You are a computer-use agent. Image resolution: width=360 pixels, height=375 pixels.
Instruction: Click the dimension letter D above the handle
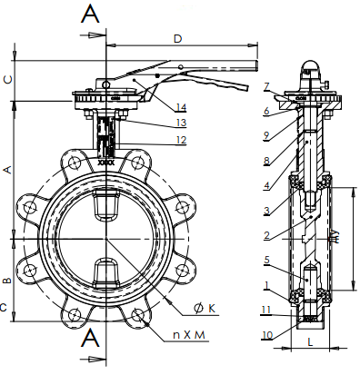click(177, 39)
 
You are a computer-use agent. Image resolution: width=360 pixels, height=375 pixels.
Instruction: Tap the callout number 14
click(181, 107)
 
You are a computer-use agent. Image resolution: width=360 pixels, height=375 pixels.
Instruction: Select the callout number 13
click(181, 123)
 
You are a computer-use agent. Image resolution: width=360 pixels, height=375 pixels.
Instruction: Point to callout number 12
click(181, 140)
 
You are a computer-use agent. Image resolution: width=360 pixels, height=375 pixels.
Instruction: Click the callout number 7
click(266, 87)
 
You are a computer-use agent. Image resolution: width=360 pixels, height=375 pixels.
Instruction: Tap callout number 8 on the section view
click(266, 161)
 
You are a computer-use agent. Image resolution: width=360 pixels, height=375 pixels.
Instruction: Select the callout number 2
click(266, 235)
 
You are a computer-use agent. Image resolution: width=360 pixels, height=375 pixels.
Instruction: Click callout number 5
click(266, 260)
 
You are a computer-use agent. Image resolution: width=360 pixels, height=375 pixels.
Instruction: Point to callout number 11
click(265, 310)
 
